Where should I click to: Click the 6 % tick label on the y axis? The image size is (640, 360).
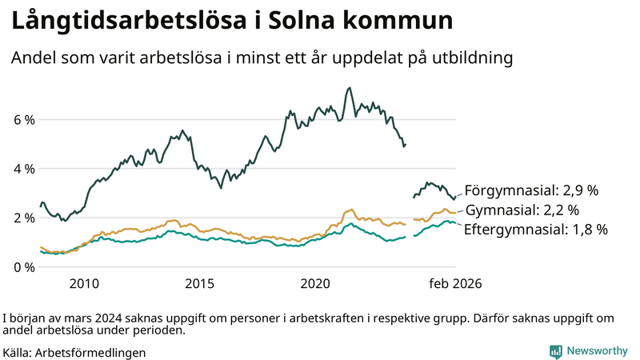(x=23, y=120)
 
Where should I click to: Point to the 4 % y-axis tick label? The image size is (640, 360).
(x=23, y=169)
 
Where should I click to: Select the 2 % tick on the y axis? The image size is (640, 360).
(x=23, y=218)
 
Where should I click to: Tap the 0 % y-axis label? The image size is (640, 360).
(x=23, y=266)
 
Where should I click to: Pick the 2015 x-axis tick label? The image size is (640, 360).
(x=200, y=283)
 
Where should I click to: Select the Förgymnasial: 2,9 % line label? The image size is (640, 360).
(x=531, y=190)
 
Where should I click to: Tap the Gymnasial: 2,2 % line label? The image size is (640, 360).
(x=522, y=210)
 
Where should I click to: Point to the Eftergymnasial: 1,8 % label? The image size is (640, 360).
(x=536, y=230)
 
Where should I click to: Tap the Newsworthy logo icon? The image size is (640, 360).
(x=555, y=351)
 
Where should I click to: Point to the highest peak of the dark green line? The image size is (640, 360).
(x=350, y=88)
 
